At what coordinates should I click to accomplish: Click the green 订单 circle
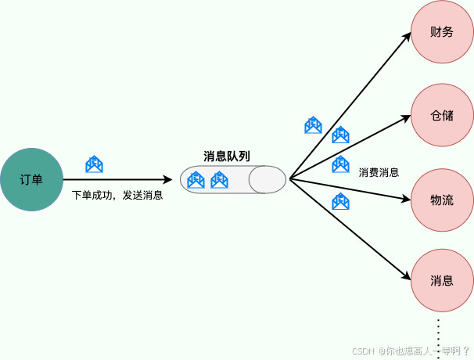[31, 179]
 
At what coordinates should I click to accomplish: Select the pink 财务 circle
[442, 33]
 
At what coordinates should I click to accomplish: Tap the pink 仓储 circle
[442, 116]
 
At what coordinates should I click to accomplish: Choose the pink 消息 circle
[442, 280]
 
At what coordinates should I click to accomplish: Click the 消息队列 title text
[227, 156]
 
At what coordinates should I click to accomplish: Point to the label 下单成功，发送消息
[117, 195]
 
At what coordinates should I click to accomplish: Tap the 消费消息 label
[379, 172]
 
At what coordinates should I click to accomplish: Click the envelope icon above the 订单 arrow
[94, 164]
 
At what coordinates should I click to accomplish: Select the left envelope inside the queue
[196, 180]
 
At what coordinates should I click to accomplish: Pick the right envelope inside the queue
[220, 180]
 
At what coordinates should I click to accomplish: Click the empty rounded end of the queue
[268, 180]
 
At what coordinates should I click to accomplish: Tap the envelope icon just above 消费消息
[340, 164]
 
